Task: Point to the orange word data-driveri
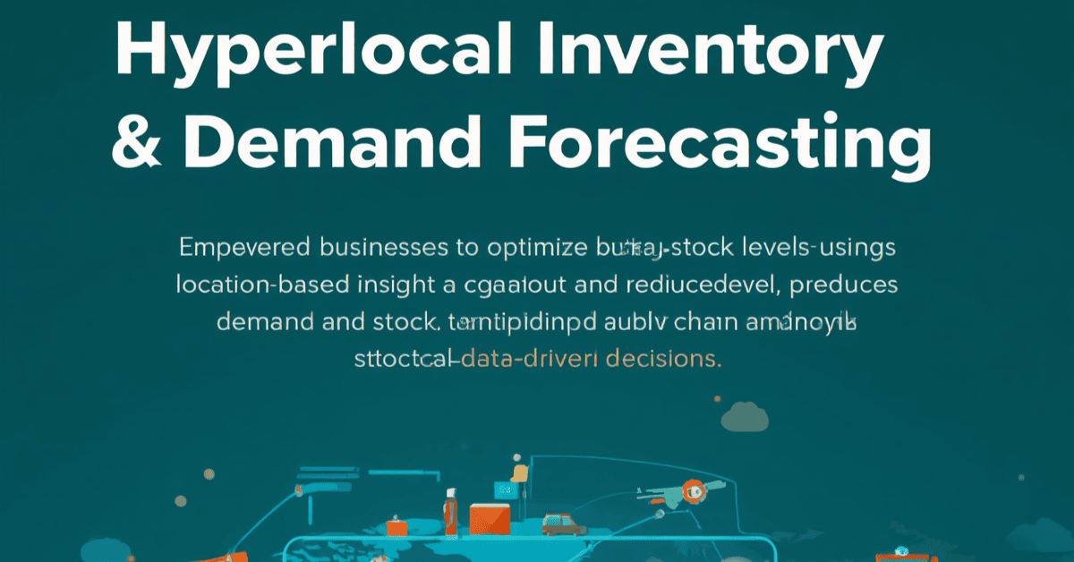(x=532, y=360)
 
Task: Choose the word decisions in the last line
(x=663, y=360)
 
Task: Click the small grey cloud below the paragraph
(x=745, y=415)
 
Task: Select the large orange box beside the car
(x=489, y=520)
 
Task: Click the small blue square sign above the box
(x=505, y=490)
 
